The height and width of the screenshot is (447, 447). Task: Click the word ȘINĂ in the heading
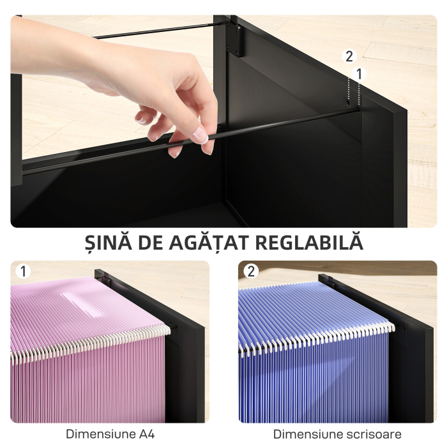click(109, 243)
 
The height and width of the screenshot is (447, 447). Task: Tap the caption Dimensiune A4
click(110, 434)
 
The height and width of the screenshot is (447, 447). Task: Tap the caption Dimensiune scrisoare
click(338, 434)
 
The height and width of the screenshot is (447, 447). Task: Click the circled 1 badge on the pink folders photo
click(24, 271)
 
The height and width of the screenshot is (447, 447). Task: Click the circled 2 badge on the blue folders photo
click(251, 271)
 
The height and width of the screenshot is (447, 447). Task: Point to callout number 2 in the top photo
click(349, 56)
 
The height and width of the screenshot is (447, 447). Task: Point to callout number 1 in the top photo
click(359, 74)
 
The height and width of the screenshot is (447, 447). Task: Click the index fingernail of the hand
click(199, 135)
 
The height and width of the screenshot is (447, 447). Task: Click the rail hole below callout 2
click(349, 102)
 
